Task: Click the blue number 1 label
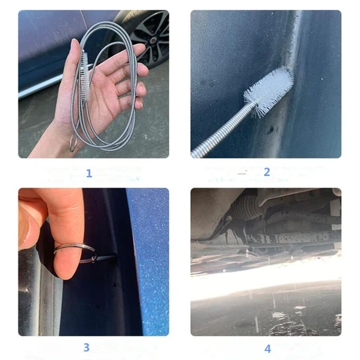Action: pyautogui.click(x=89, y=173)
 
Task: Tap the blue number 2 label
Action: pyautogui.click(x=266, y=172)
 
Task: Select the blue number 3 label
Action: pyautogui.click(x=86, y=347)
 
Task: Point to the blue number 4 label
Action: pyautogui.click(x=267, y=349)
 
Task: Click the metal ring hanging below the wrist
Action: pyautogui.click(x=73, y=143)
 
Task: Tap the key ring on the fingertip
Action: pyautogui.click(x=76, y=253)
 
